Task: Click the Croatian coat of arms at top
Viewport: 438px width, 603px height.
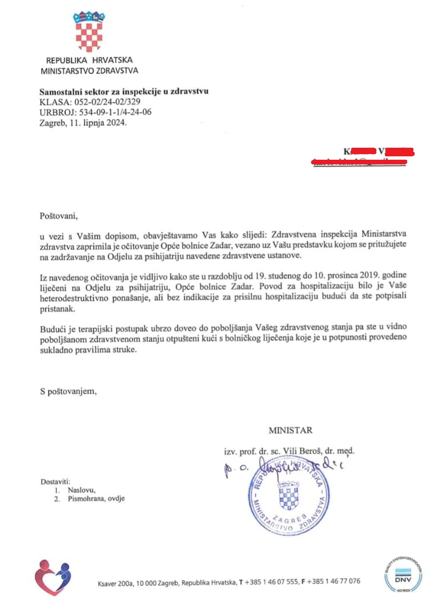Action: coord(90,31)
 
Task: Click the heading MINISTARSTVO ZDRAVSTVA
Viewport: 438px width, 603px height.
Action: coord(89,71)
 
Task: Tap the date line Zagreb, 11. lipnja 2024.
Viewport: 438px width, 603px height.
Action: coord(83,122)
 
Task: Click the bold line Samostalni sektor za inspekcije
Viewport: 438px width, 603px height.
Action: coord(124,91)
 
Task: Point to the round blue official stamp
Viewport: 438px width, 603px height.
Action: coord(288,496)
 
